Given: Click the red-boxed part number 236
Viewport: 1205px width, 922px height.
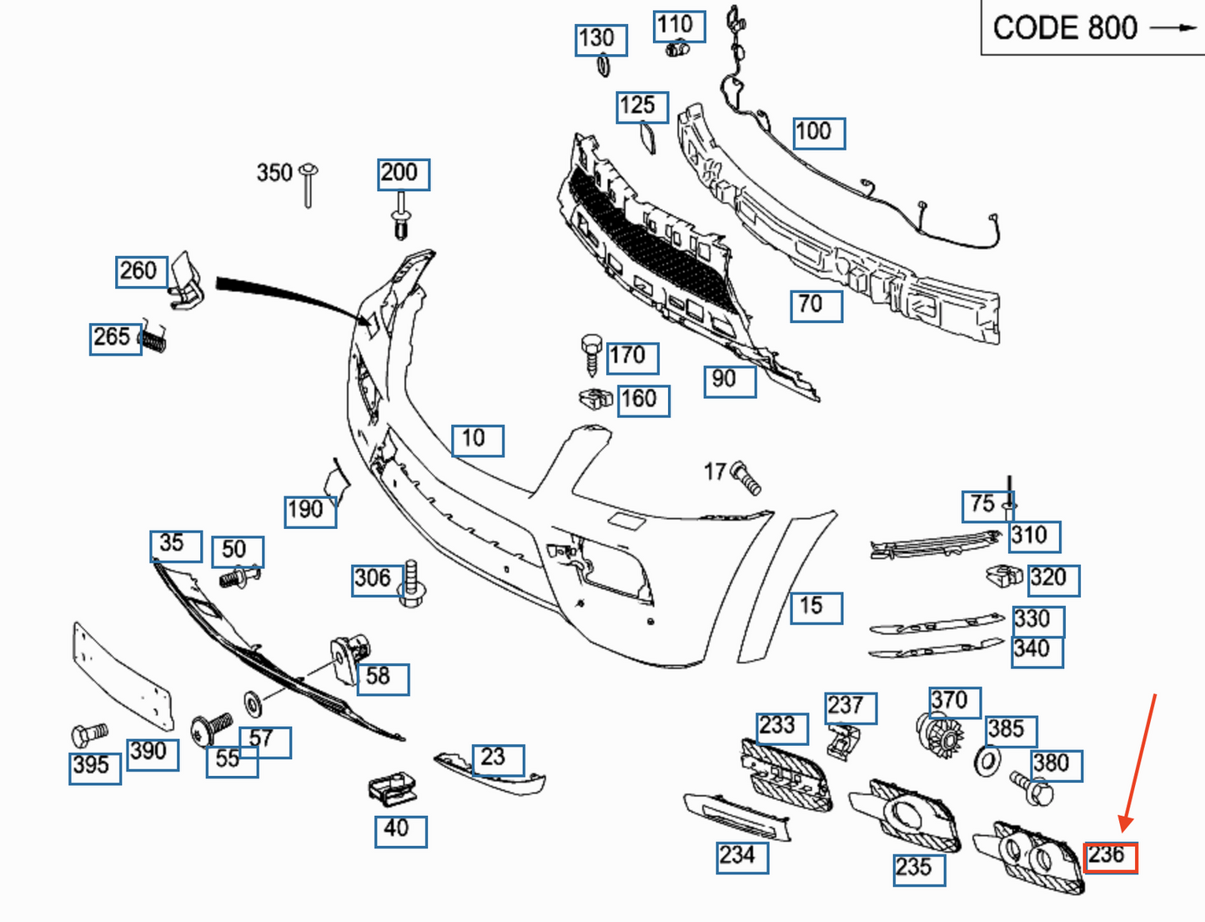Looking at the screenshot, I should pos(1110,856).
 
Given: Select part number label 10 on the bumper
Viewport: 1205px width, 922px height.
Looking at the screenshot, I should pos(477,440).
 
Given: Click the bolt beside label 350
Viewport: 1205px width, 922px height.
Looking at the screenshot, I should pos(309,184).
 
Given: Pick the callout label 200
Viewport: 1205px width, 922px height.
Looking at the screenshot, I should pos(404,174).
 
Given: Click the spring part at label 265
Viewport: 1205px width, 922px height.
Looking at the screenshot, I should pos(153,339).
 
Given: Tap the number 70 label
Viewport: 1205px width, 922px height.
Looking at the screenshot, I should pos(816,305).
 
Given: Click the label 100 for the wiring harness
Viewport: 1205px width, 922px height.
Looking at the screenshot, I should pos(818,133).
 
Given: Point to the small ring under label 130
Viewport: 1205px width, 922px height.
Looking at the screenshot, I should pos(603,65).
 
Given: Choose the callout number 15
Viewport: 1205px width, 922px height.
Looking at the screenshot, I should pos(816,607).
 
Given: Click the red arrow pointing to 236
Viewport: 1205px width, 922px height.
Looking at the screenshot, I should pos(1139,763).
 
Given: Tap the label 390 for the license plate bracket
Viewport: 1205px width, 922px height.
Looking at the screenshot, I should pos(152,753).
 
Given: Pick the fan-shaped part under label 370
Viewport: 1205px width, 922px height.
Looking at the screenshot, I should pos(941,734).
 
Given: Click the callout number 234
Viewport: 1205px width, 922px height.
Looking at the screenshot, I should pos(741,856).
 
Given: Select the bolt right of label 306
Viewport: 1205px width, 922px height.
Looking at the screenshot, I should pos(412,583).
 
